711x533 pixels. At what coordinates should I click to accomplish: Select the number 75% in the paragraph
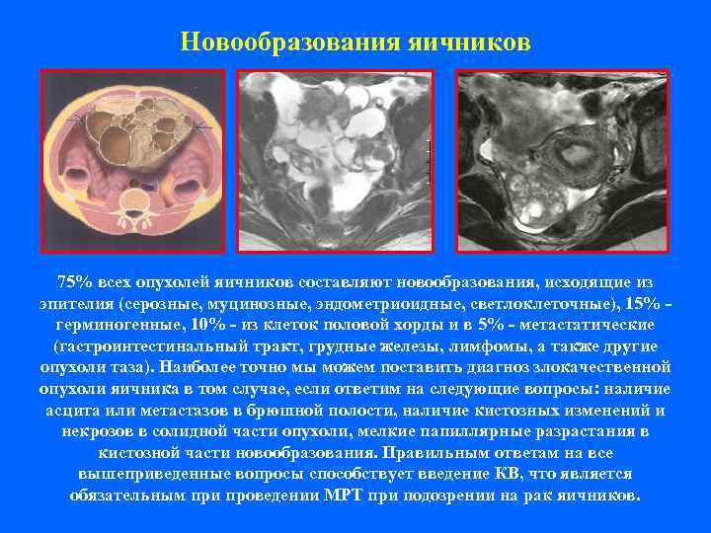coord(75,282)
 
